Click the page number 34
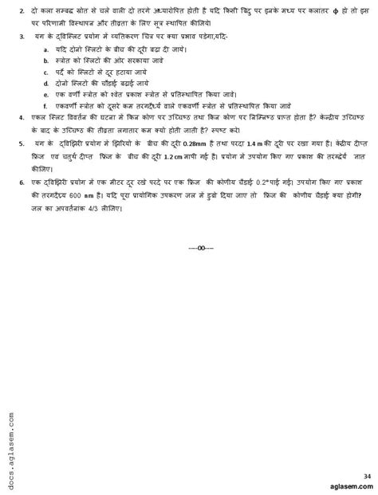[x=367, y=476]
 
